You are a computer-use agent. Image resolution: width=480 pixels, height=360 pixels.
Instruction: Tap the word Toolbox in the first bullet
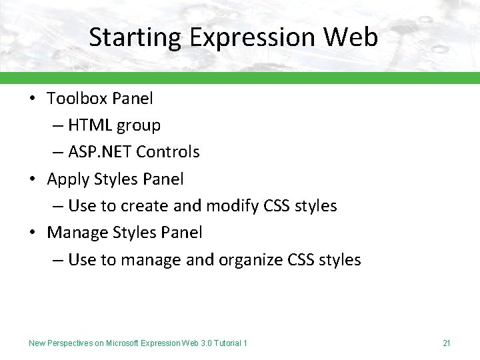(x=77, y=99)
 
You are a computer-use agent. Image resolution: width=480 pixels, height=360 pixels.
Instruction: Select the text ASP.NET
(x=100, y=152)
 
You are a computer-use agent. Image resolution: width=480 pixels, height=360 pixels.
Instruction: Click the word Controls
(x=167, y=152)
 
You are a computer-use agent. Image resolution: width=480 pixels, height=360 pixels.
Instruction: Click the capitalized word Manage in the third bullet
(x=75, y=233)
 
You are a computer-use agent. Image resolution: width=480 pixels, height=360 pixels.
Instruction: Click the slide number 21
(x=447, y=343)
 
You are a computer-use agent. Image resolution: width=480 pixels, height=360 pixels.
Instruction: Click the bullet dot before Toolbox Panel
(x=32, y=99)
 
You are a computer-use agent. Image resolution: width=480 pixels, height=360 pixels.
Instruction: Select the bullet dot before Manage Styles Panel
(x=32, y=233)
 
